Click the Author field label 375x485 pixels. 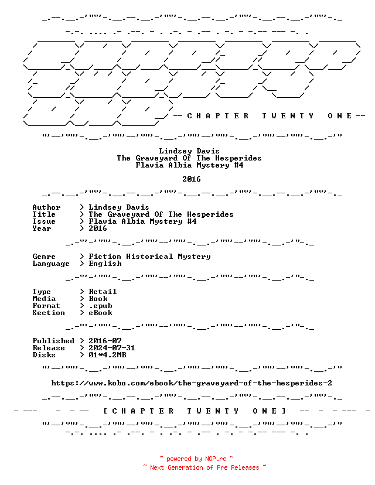pyautogui.click(x=46, y=207)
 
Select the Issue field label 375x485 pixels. pyautogui.click(x=44, y=221)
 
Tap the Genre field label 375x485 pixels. pyautogui.click(x=44, y=257)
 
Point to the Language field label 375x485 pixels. pyautogui.click(x=51, y=264)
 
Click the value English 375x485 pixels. pyautogui.click(x=105, y=264)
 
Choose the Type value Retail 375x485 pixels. pyautogui.click(x=103, y=292)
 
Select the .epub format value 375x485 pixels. pyautogui.click(x=101, y=306)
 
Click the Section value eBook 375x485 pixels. pyautogui.click(x=101, y=313)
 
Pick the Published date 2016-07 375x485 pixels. pyautogui.click(x=105, y=341)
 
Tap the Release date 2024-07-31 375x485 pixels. pyautogui.click(x=112, y=348)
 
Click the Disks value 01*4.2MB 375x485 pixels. pyautogui.click(x=107, y=355)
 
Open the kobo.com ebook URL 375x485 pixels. pyautogui.click(x=192, y=383)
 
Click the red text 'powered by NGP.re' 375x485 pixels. pyautogui.click(x=196, y=459)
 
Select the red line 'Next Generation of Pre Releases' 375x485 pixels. pyautogui.click(x=204, y=467)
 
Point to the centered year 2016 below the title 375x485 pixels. pyautogui.click(x=192, y=179)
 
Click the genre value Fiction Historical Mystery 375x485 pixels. pyautogui.click(x=150, y=257)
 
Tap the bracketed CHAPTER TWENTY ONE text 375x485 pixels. pyautogui.click(x=195, y=411)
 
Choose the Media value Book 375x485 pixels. pyautogui.click(x=98, y=299)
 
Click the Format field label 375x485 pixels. pyautogui.click(x=46, y=306)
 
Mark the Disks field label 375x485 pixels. pyautogui.click(x=44, y=355)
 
